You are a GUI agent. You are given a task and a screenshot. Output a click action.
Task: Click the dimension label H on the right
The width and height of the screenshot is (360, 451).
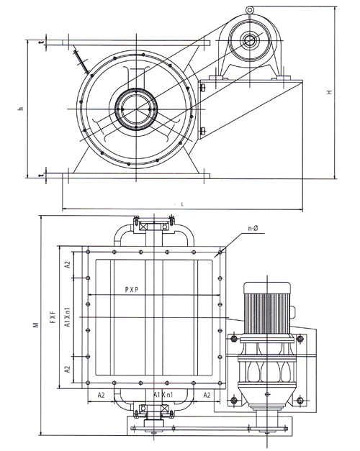click(x=330, y=92)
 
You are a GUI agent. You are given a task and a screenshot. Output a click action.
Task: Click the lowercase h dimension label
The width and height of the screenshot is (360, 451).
click(x=20, y=109)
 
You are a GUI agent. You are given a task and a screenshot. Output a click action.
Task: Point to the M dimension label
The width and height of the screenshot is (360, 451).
click(x=36, y=324)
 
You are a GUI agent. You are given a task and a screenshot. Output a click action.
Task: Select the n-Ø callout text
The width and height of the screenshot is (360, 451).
click(x=253, y=228)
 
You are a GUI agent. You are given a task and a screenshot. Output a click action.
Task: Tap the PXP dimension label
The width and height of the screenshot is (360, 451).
click(x=132, y=290)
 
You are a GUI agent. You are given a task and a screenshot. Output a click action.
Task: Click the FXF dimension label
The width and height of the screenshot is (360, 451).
click(x=53, y=316)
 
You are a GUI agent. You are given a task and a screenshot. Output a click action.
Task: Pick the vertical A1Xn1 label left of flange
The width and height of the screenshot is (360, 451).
click(x=68, y=317)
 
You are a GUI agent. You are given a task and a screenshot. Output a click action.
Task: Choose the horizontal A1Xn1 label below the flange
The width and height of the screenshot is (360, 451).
click(x=163, y=395)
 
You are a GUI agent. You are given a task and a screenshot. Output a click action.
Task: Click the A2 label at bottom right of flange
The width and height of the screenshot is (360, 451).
click(x=207, y=395)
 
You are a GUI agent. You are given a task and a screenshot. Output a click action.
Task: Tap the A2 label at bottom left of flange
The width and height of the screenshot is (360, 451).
click(x=101, y=395)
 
